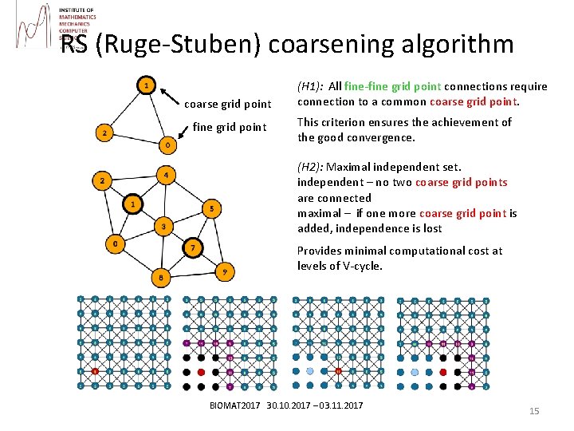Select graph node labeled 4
tap(165, 174)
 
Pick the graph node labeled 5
tap(210, 209)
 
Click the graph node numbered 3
tap(163, 227)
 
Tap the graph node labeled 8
tap(161, 278)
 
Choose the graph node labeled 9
tap(226, 272)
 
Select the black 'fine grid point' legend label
tap(230, 127)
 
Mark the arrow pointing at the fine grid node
tap(181, 134)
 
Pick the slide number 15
tap(534, 410)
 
